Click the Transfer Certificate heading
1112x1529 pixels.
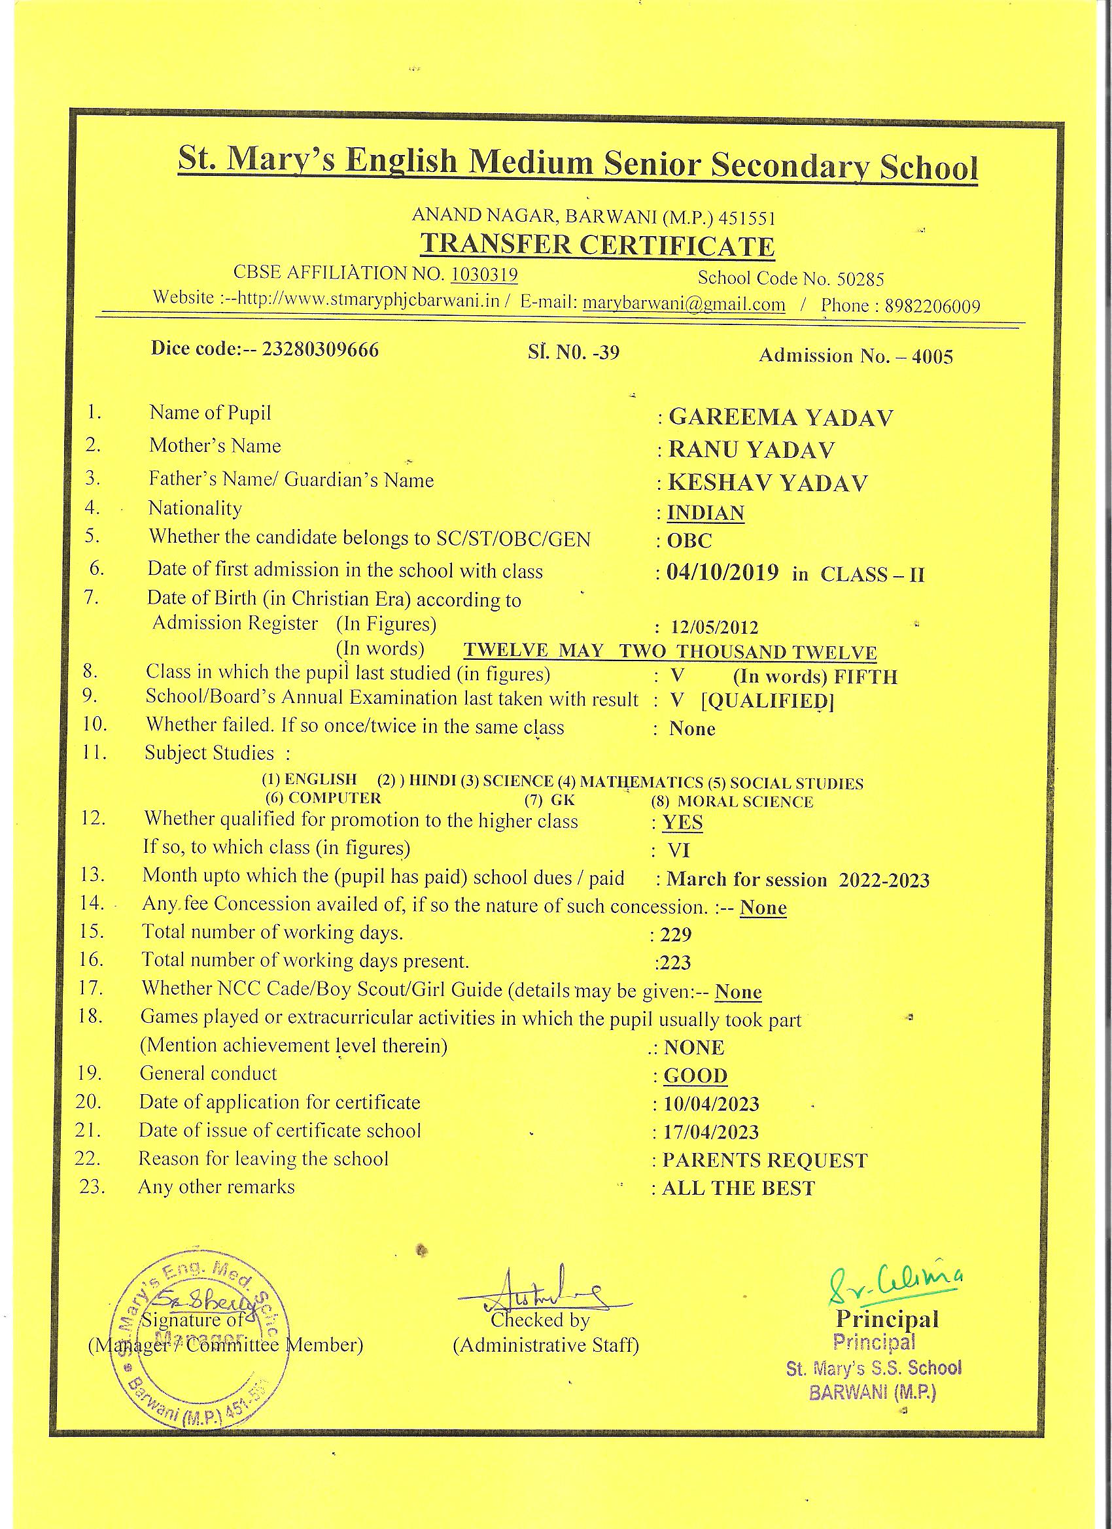coord(597,245)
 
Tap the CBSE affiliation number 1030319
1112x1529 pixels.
coord(483,274)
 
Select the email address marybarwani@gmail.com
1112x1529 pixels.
coord(684,303)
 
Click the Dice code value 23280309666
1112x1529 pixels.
coord(321,349)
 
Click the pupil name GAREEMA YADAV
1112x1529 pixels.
coord(780,417)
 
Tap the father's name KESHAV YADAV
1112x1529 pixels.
coord(767,483)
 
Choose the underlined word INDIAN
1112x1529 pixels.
coord(705,513)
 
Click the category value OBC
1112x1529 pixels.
coord(689,541)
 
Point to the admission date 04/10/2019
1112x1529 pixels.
coord(722,573)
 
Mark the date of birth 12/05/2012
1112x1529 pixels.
coord(715,628)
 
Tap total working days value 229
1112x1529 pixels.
coord(676,935)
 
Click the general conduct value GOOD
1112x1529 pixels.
coord(695,1075)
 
